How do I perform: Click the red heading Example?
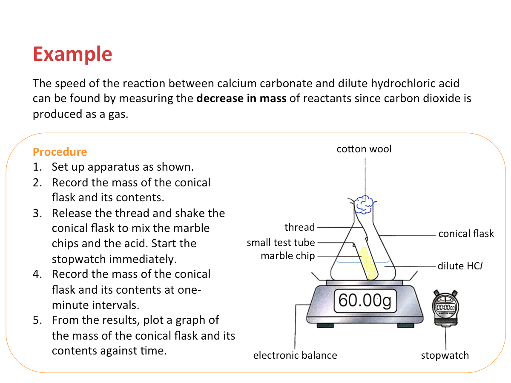(x=72, y=54)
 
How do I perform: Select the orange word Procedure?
(x=60, y=152)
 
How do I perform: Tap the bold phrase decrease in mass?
(x=241, y=99)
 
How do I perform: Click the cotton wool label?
(x=364, y=149)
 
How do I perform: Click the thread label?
(x=299, y=227)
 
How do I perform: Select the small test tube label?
(x=281, y=243)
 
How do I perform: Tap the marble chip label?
(x=288, y=256)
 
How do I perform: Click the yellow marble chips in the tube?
(x=367, y=262)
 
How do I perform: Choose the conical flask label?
(x=466, y=234)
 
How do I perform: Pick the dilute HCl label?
(x=460, y=266)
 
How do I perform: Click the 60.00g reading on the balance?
(x=365, y=300)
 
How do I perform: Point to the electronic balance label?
(x=295, y=355)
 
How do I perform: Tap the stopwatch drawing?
(x=445, y=308)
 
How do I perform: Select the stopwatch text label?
(x=445, y=355)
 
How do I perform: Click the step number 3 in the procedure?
(x=37, y=213)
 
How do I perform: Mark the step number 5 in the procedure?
(x=37, y=320)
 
